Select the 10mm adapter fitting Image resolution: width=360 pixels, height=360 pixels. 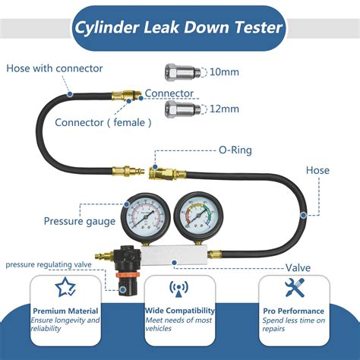(x=180, y=74)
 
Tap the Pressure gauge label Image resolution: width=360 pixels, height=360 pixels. (x=80, y=222)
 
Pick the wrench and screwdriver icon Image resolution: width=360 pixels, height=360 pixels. (x=295, y=287)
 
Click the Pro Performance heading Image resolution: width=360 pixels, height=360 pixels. (x=295, y=311)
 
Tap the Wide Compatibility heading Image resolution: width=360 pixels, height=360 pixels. (x=179, y=311)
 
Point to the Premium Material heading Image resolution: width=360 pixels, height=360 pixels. (x=66, y=311)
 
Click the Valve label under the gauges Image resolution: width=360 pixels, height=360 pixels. (x=297, y=267)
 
